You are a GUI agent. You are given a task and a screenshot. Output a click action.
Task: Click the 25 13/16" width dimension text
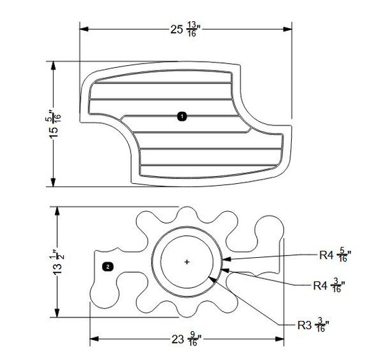click(x=185, y=29)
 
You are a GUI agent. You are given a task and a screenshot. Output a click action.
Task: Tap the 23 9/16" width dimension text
click(x=185, y=339)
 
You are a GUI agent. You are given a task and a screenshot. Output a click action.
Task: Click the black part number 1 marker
click(x=181, y=117)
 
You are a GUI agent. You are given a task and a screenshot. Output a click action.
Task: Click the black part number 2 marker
click(x=108, y=265)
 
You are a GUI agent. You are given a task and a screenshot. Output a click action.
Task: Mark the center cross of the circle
click(x=187, y=262)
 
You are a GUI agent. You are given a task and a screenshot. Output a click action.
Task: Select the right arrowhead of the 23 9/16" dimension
click(x=281, y=338)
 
